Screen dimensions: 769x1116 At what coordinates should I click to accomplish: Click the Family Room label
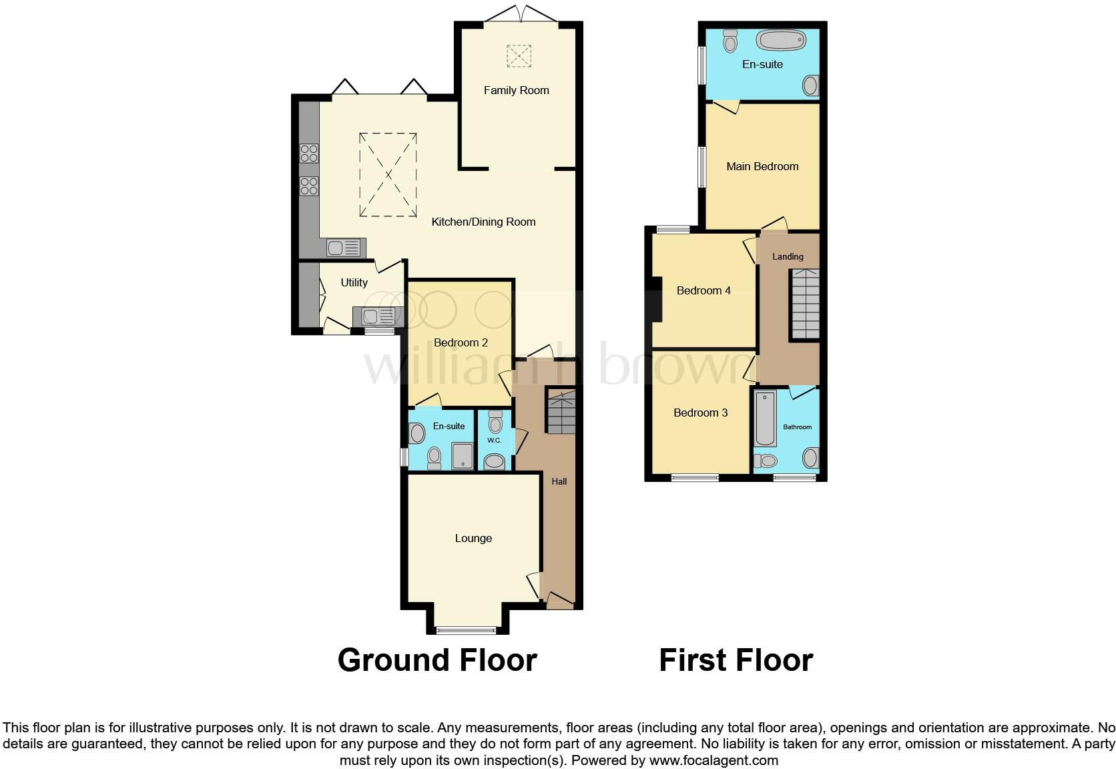tap(516, 90)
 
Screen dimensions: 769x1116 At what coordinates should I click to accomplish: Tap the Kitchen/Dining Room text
tap(483, 222)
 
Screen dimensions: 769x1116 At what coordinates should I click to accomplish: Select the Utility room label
tap(354, 282)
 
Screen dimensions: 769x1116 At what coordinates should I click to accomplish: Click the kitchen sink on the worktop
tap(346, 248)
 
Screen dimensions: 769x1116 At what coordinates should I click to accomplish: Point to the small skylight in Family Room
tap(519, 55)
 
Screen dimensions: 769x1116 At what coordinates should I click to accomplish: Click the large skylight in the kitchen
tap(388, 175)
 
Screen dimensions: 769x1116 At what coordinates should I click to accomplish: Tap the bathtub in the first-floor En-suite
tap(780, 41)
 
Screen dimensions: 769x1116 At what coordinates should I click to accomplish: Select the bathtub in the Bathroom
tap(765, 419)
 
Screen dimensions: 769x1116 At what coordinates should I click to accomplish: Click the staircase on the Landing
tap(805, 304)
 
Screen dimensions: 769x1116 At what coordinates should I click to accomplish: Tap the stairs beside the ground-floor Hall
tap(561, 411)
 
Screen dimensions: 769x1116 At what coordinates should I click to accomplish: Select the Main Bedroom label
tap(762, 166)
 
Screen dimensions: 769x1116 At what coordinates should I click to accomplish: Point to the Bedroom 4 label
tap(704, 290)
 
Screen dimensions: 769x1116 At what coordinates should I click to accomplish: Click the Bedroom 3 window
tap(695, 477)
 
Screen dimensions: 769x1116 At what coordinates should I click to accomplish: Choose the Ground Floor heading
tap(437, 660)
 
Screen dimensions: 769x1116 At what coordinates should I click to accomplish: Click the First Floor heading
tap(736, 660)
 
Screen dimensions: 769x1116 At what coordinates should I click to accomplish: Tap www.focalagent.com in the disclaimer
tap(714, 760)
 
